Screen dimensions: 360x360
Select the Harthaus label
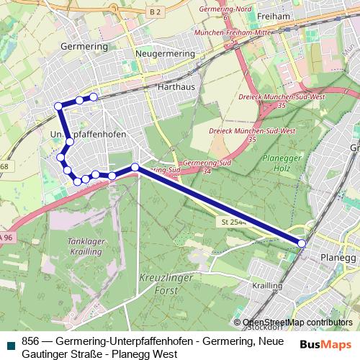tap(172, 86)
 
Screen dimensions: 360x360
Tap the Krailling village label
tap(267, 286)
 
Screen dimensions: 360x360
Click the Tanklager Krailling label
tap(86, 248)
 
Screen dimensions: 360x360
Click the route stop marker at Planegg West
tap(302, 244)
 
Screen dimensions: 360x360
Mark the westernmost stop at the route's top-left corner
tap(58, 107)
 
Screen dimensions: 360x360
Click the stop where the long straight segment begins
tap(135, 168)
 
